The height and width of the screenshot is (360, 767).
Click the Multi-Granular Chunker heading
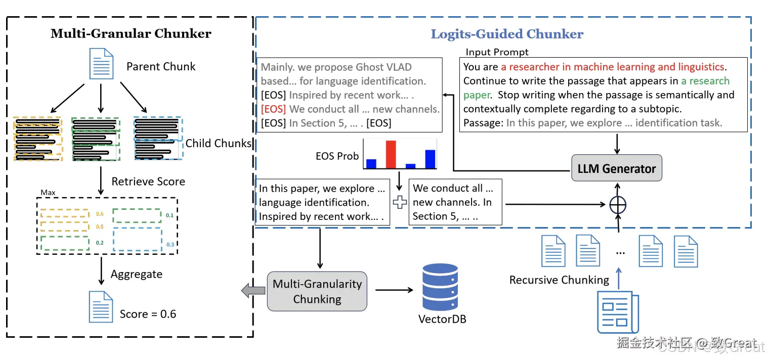coord(131,34)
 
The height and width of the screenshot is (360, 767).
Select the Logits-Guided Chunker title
coord(506,34)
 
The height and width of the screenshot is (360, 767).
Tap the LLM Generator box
coord(616,169)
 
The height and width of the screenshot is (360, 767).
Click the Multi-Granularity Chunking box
coord(317,291)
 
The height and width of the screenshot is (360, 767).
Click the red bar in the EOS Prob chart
coord(390,154)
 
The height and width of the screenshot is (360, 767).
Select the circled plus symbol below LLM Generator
coord(618,204)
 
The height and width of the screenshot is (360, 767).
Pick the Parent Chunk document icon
coord(101,63)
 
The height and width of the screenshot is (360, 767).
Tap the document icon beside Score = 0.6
coord(101,306)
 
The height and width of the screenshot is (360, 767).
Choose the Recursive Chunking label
coord(559,280)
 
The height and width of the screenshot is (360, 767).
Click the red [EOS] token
coord(273,109)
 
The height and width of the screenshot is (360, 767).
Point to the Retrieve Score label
coord(148,182)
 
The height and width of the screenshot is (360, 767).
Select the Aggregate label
coord(137,275)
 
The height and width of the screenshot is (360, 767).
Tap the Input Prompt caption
coord(497,52)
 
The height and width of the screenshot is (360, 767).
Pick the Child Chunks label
coord(218,143)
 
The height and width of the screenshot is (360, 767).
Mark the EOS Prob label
coord(337,156)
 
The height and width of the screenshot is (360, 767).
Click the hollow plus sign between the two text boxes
coord(400,202)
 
